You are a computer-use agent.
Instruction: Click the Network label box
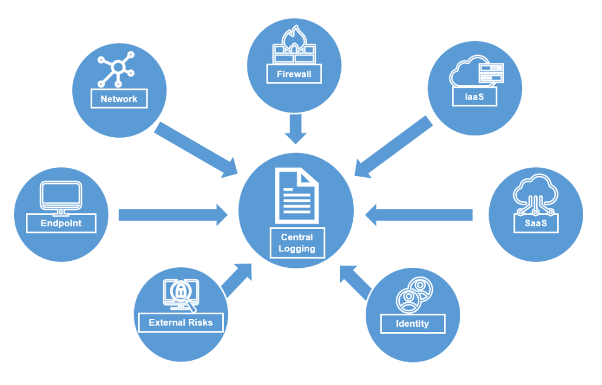(119, 99)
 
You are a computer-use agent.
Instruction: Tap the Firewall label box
(294, 75)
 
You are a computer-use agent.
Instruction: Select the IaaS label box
(474, 97)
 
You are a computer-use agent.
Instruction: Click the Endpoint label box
(61, 223)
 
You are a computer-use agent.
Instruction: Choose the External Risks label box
(180, 323)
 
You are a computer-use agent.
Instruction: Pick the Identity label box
(412, 323)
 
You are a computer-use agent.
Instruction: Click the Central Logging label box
(297, 243)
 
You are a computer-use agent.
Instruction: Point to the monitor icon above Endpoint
(60, 196)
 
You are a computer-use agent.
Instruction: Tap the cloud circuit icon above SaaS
(534, 194)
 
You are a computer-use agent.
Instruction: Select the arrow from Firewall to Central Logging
(296, 129)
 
